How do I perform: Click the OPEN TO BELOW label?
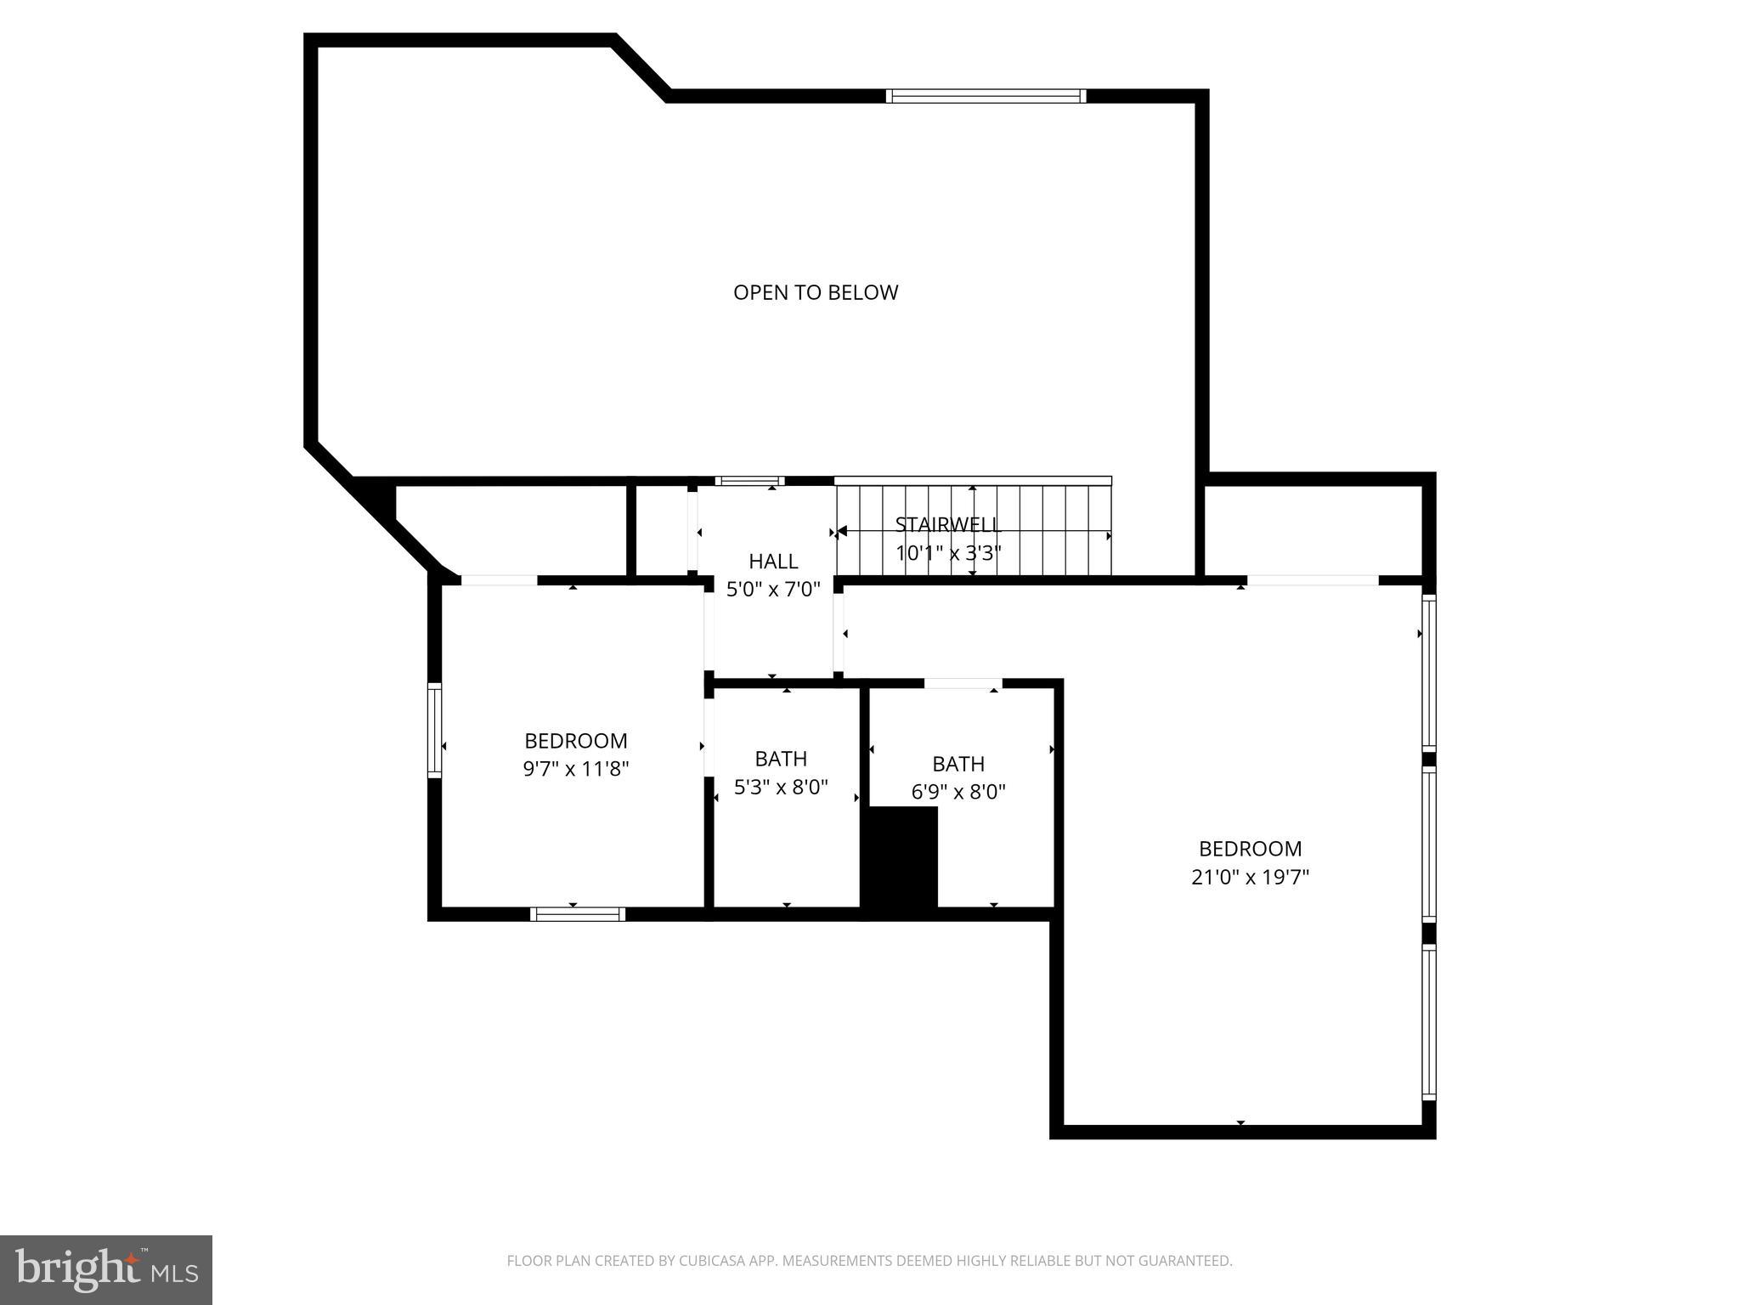point(816,292)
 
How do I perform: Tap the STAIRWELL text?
point(948,524)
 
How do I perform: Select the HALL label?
point(773,561)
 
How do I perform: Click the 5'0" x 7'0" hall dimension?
point(773,589)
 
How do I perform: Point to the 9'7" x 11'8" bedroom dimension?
point(576,769)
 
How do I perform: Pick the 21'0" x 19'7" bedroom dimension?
point(1250,877)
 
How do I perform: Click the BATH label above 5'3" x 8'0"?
point(781,758)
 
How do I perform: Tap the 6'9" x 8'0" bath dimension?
point(958,792)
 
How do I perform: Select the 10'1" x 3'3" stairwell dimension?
point(948,553)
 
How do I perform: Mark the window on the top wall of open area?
point(986,96)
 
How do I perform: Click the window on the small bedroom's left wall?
point(434,730)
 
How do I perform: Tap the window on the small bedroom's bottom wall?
point(578,914)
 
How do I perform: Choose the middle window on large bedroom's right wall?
point(1429,845)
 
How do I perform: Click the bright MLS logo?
point(105,1269)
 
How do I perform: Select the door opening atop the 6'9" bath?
point(963,683)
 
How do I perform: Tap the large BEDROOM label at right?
point(1250,848)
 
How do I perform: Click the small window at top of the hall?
point(749,481)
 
